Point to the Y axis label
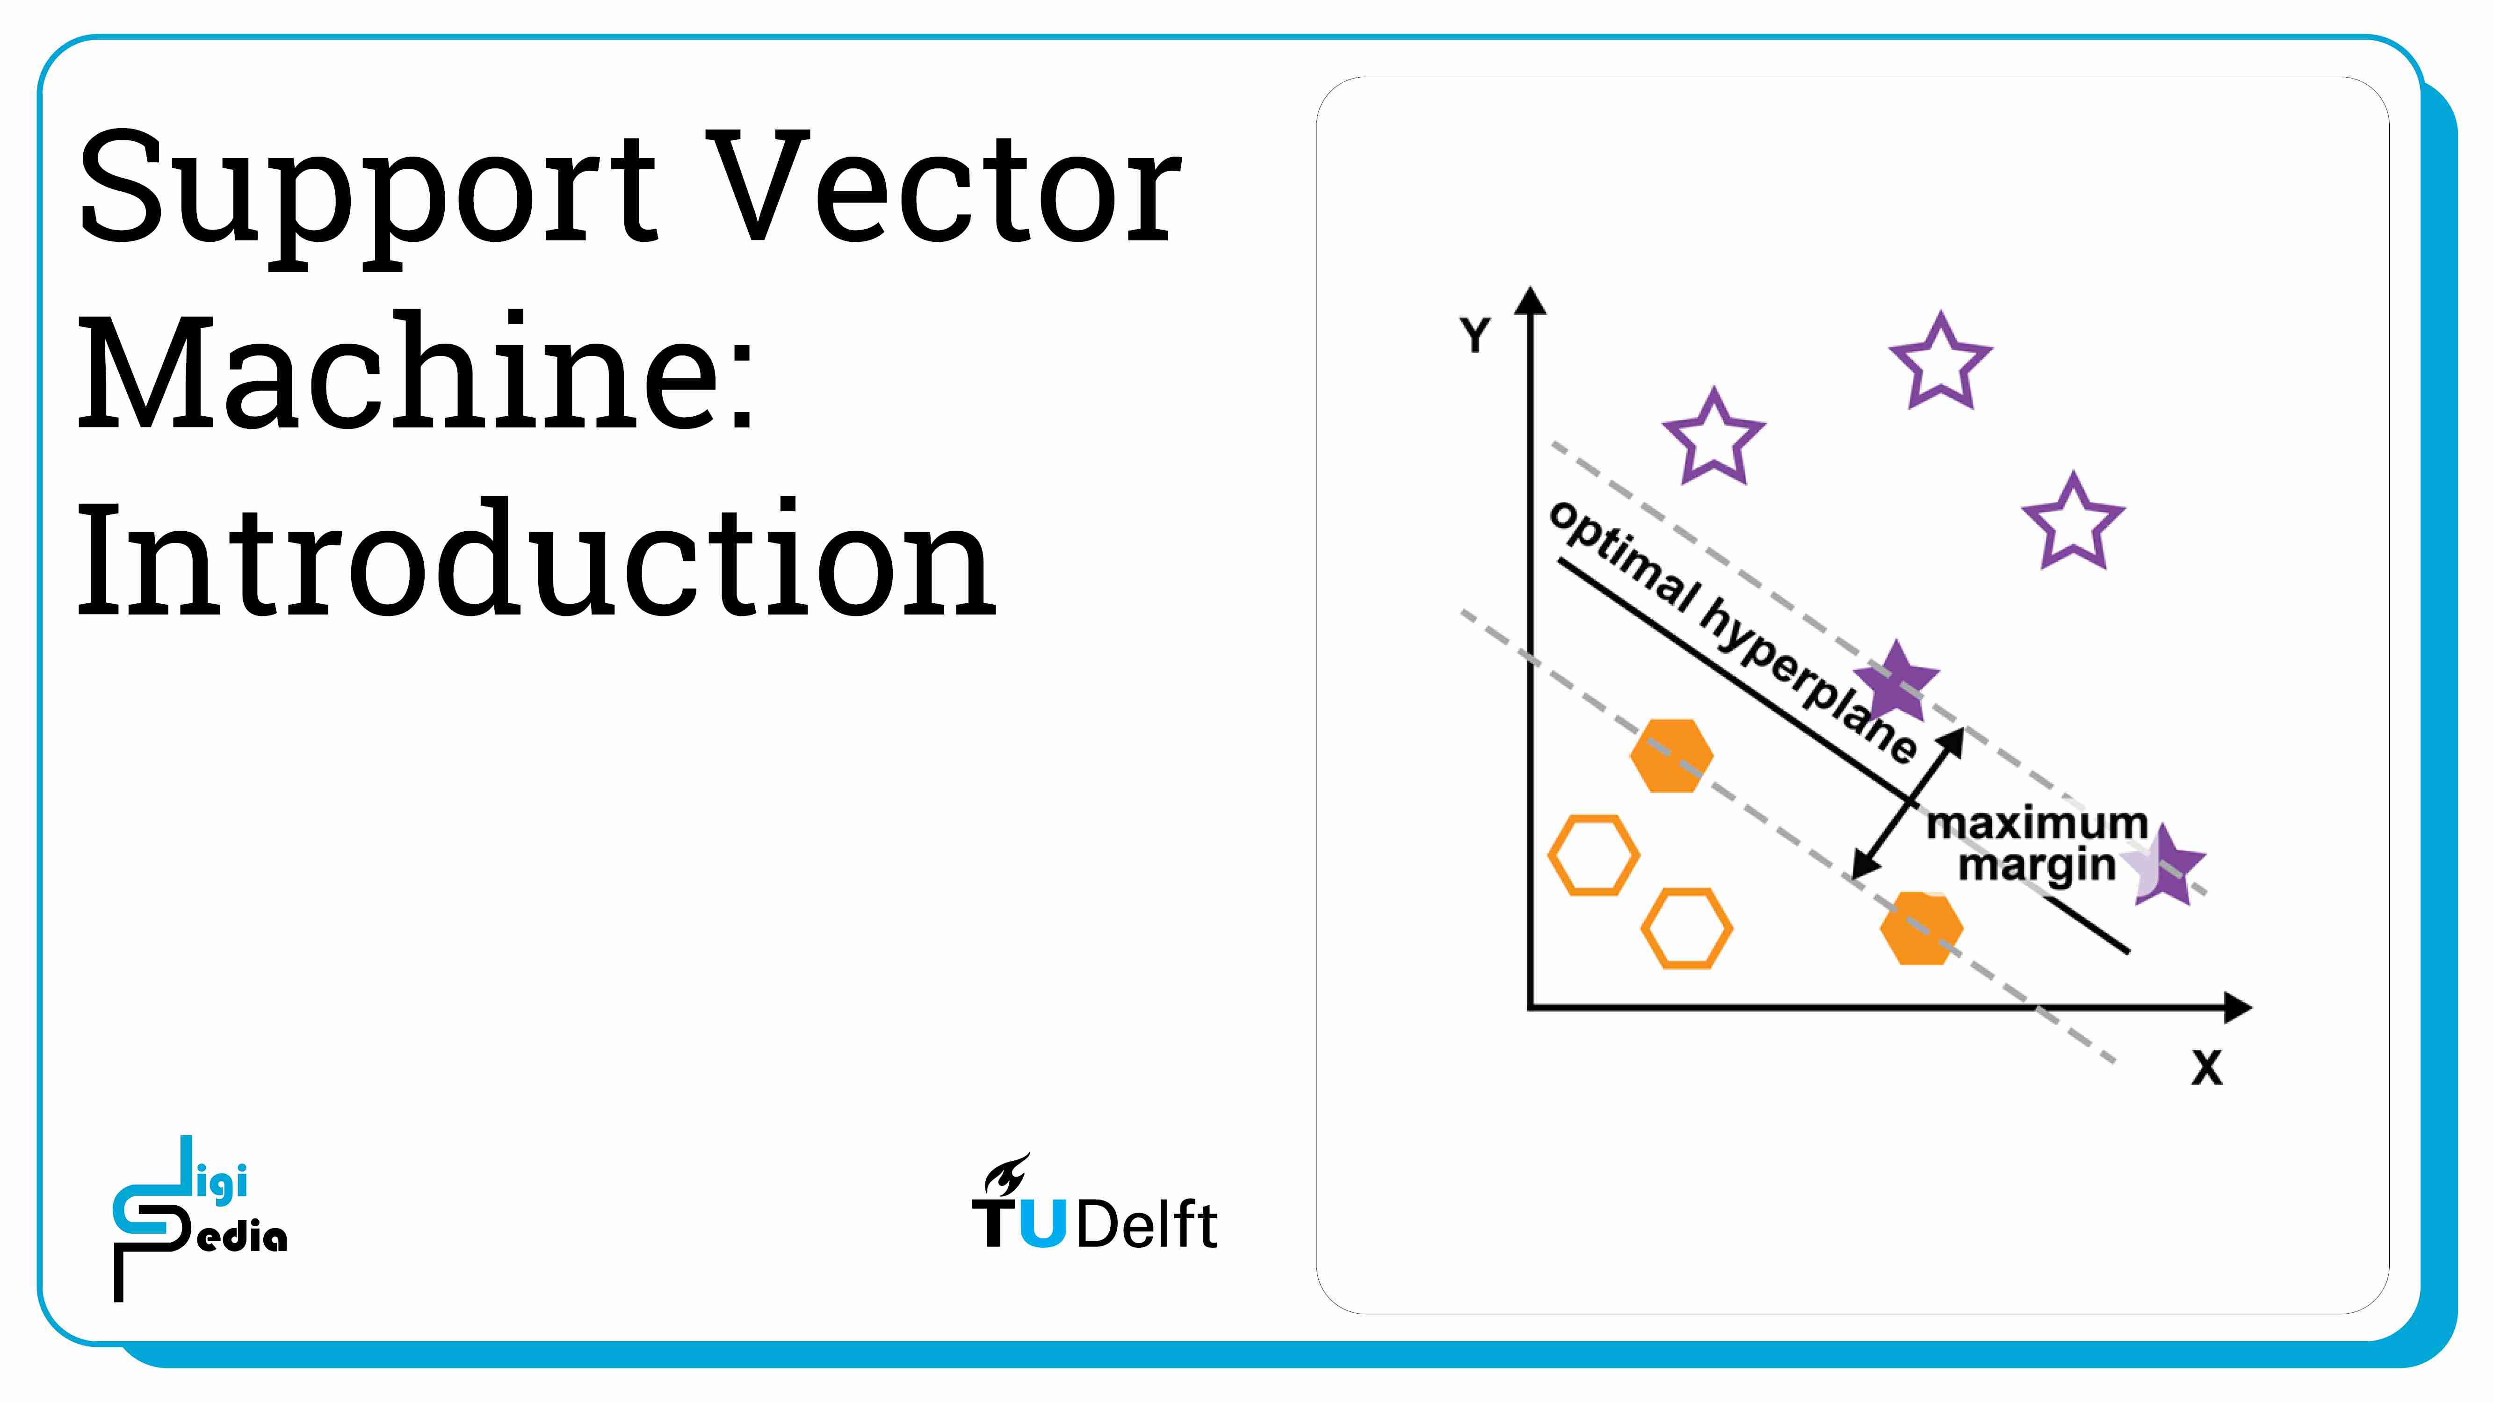[1475, 335]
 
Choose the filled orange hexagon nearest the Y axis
[1671, 756]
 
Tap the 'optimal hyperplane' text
[1733, 632]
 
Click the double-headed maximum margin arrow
[1907, 803]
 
